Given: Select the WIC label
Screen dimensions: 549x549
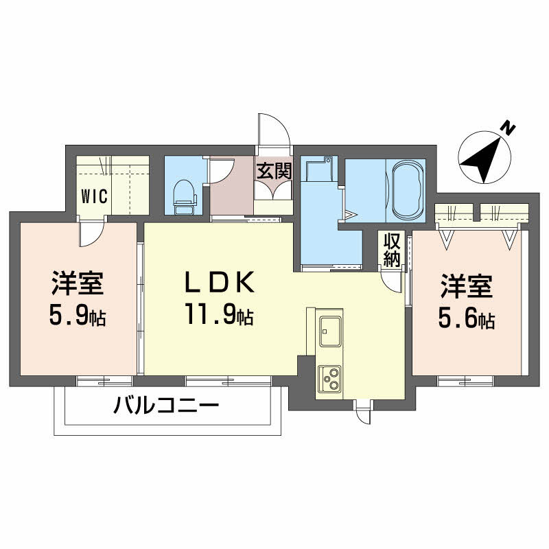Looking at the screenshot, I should pyautogui.click(x=94, y=196).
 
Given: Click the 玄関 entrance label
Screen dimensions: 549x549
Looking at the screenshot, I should pyautogui.click(x=274, y=171).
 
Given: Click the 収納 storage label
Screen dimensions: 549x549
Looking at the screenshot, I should pyautogui.click(x=392, y=250).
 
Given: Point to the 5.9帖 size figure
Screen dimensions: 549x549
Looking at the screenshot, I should pyautogui.click(x=77, y=315).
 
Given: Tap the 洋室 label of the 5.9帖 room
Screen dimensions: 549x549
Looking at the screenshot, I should pyautogui.click(x=77, y=282).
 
